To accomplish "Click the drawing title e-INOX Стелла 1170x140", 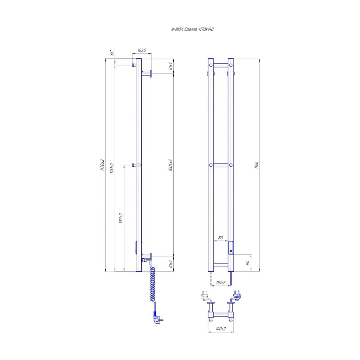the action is (x=192, y=29).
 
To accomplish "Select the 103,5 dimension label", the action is (x=142, y=50).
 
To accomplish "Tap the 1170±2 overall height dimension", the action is (x=102, y=165).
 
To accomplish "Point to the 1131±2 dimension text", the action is (x=112, y=168).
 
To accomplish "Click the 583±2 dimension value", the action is (x=121, y=218).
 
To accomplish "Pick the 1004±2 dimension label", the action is (x=171, y=165).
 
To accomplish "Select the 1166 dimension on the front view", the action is (x=256, y=165).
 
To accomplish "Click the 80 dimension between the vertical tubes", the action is (x=220, y=238).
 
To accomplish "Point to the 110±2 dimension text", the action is (x=220, y=283).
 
